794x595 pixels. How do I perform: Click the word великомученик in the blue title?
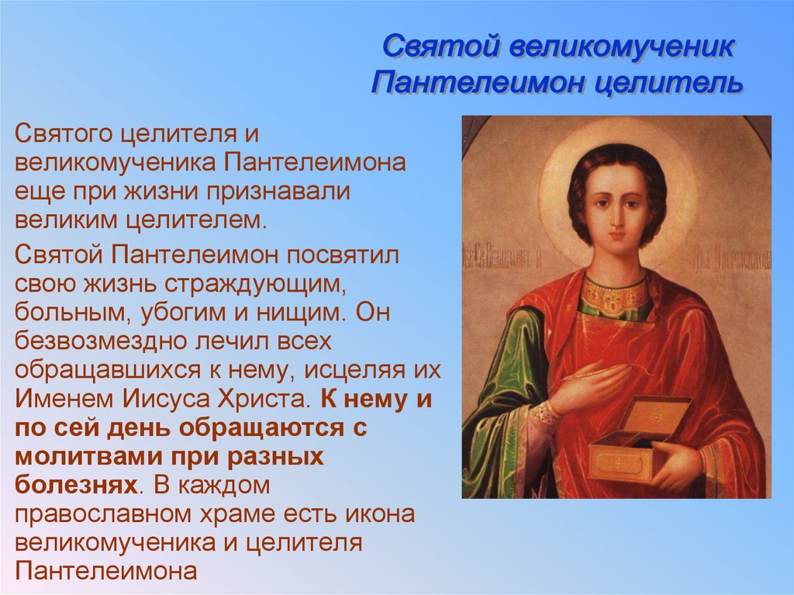point(621,47)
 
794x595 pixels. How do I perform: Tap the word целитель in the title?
point(669,82)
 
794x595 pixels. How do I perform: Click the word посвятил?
point(343,254)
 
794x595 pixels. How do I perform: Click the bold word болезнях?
point(76,486)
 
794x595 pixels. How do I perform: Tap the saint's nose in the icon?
point(615,218)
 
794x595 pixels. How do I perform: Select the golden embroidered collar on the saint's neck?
point(615,295)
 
